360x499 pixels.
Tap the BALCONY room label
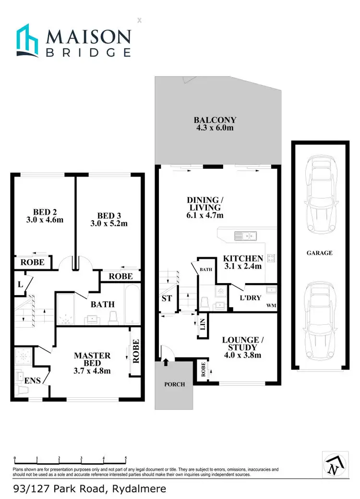(x=215, y=120)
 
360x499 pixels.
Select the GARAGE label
(x=320, y=253)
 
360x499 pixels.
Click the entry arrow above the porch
(x=166, y=363)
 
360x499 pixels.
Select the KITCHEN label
(x=243, y=259)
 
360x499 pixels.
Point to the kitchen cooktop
(x=271, y=259)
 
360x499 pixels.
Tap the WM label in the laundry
(x=271, y=306)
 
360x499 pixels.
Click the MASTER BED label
(x=92, y=359)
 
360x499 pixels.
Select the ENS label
(x=33, y=380)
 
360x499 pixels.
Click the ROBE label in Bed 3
(x=120, y=276)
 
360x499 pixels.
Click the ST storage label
(x=167, y=297)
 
